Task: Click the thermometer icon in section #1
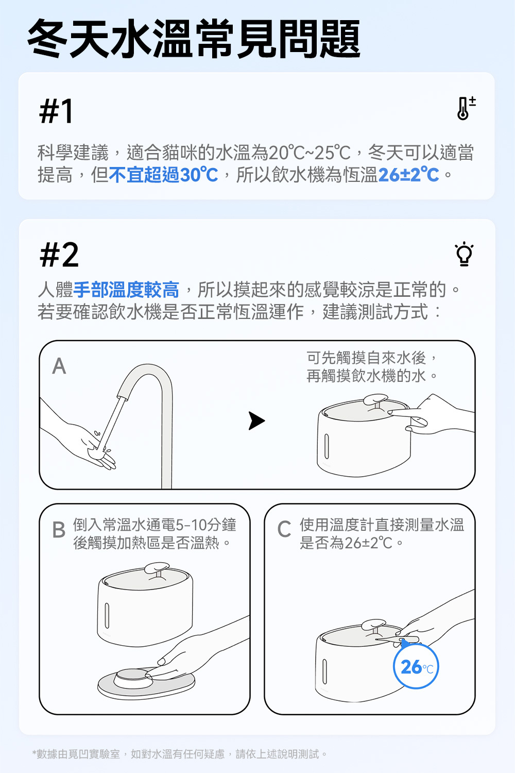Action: pyautogui.click(x=466, y=108)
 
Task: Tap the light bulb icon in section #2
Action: pyautogui.click(x=464, y=254)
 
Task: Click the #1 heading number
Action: pyautogui.click(x=56, y=111)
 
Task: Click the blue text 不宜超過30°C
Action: pyautogui.click(x=163, y=175)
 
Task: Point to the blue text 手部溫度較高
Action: pyautogui.click(x=126, y=290)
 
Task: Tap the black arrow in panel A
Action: pyautogui.click(x=256, y=421)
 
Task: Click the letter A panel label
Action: pyautogui.click(x=59, y=366)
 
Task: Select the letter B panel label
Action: pyautogui.click(x=59, y=530)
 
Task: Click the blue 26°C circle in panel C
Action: pyautogui.click(x=416, y=666)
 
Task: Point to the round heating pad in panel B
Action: pyautogui.click(x=146, y=683)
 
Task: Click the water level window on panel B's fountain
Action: pyautogui.click(x=107, y=616)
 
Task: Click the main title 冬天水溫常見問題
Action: pyautogui.click(x=194, y=39)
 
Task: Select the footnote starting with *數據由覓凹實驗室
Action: pyautogui.click(x=179, y=754)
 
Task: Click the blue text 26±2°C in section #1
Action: pyautogui.click(x=409, y=175)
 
